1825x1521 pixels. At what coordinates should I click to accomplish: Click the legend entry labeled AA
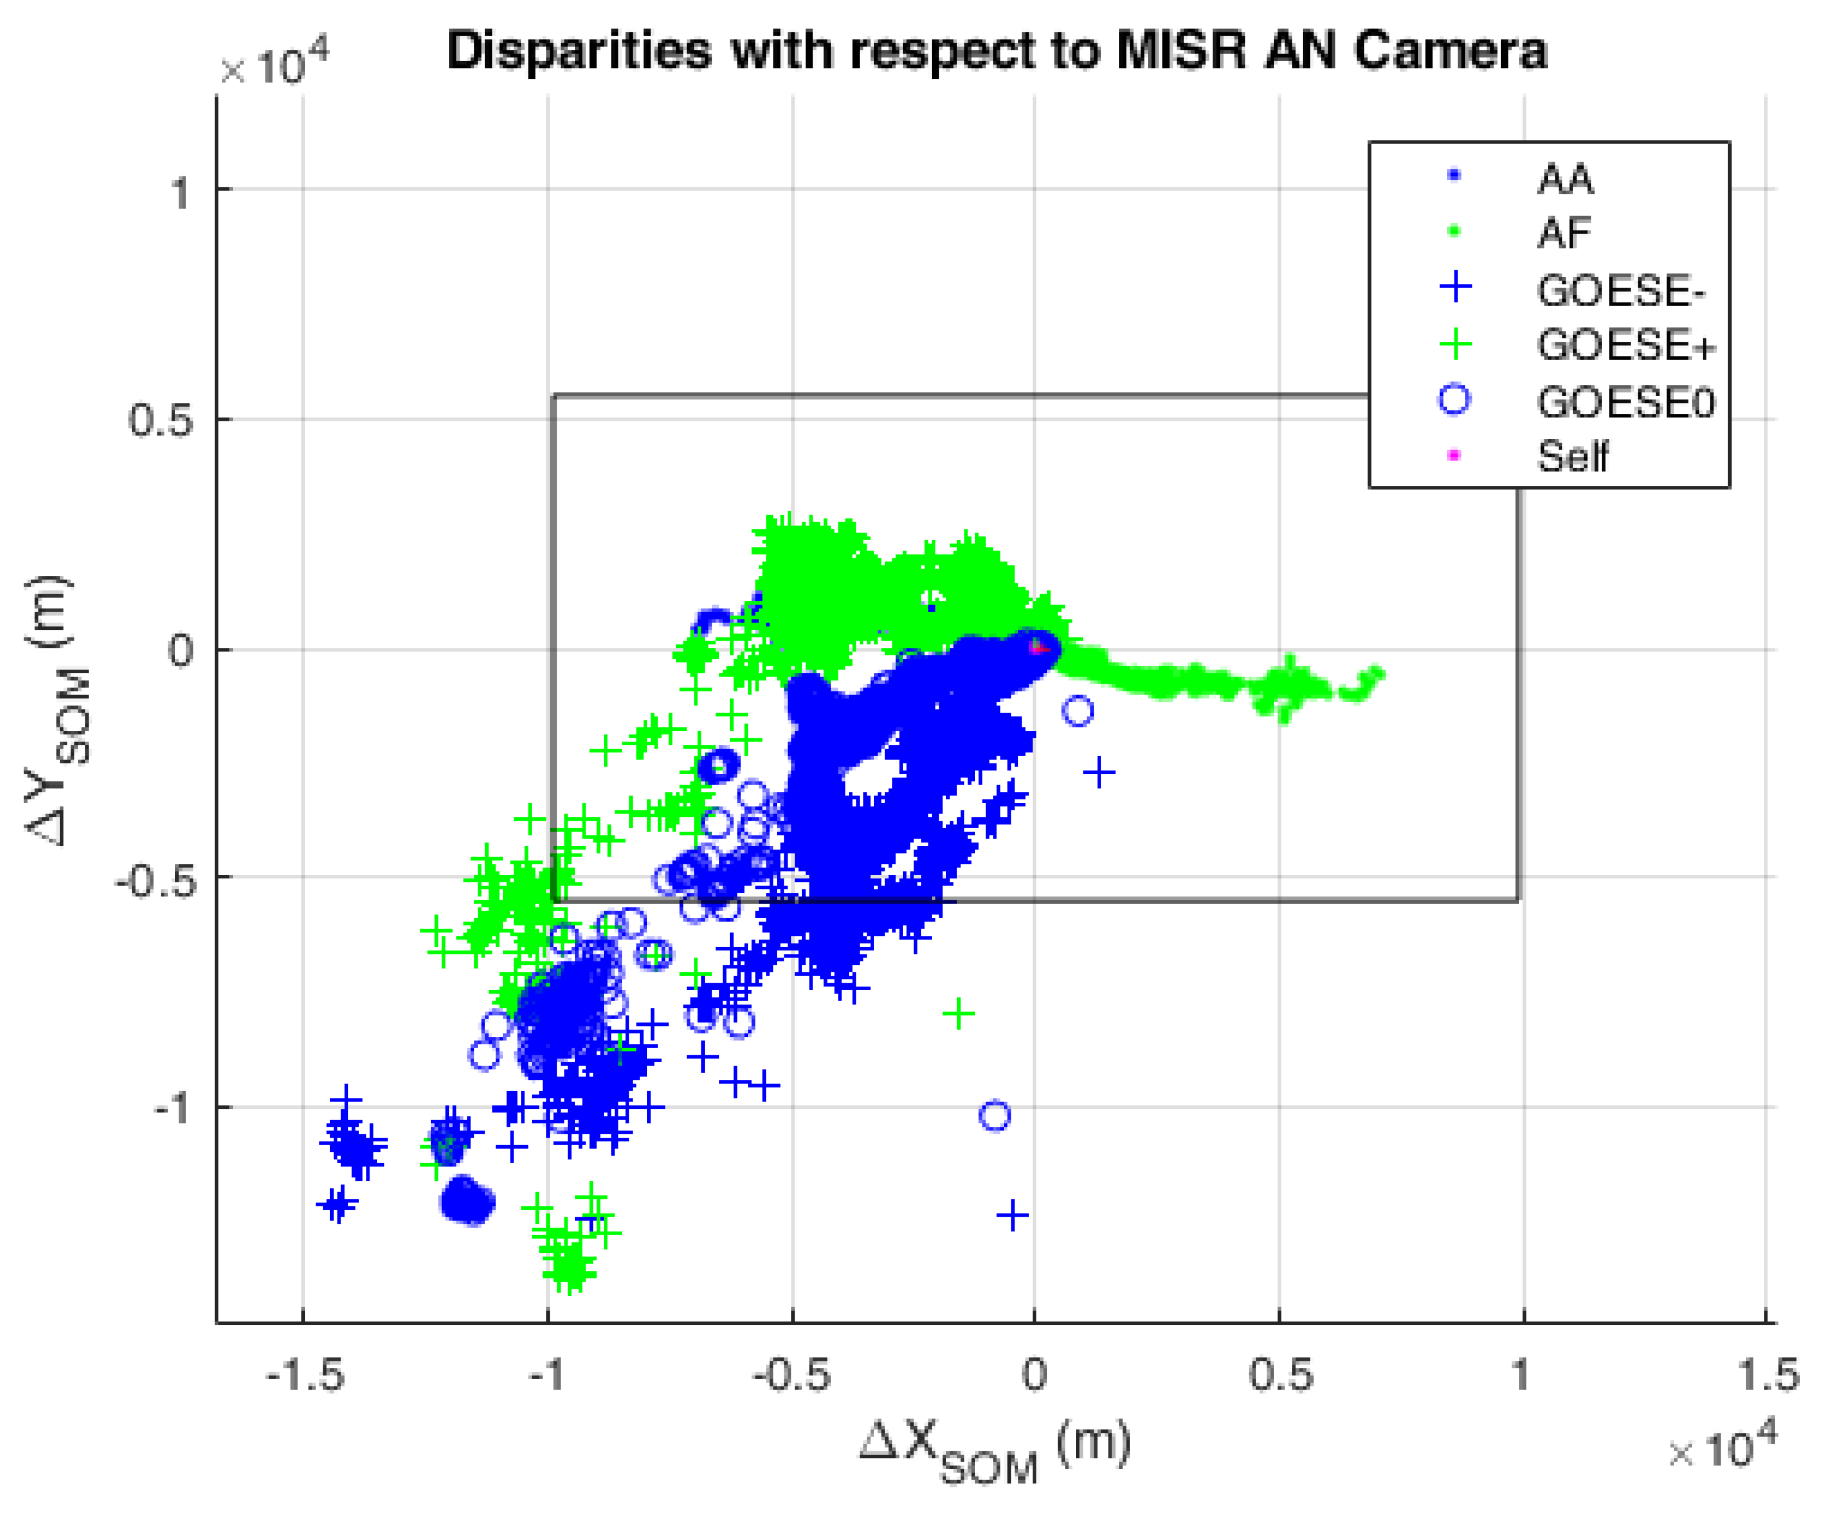click(x=1565, y=180)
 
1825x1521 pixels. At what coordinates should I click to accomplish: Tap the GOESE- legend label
click(x=1621, y=291)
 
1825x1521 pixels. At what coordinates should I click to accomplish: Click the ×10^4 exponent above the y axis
click(x=274, y=67)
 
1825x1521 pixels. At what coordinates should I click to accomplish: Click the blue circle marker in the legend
click(x=1455, y=400)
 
